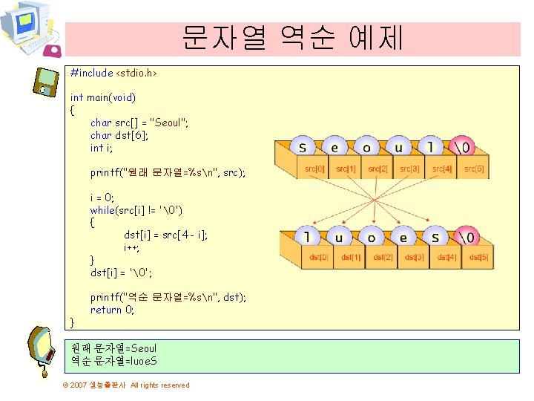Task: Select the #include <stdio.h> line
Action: [113, 73]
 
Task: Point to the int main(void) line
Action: [102, 97]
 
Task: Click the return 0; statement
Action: [113, 310]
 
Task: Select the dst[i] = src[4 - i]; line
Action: [165, 234]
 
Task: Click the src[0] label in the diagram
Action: [314, 169]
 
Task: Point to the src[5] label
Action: [474, 169]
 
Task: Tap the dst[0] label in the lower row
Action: [320, 257]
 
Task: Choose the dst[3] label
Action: [415, 257]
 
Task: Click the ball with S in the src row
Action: [303, 146]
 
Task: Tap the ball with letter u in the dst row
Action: [338, 238]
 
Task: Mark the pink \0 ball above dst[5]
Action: [467, 237]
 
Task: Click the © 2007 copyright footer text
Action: [126, 385]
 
